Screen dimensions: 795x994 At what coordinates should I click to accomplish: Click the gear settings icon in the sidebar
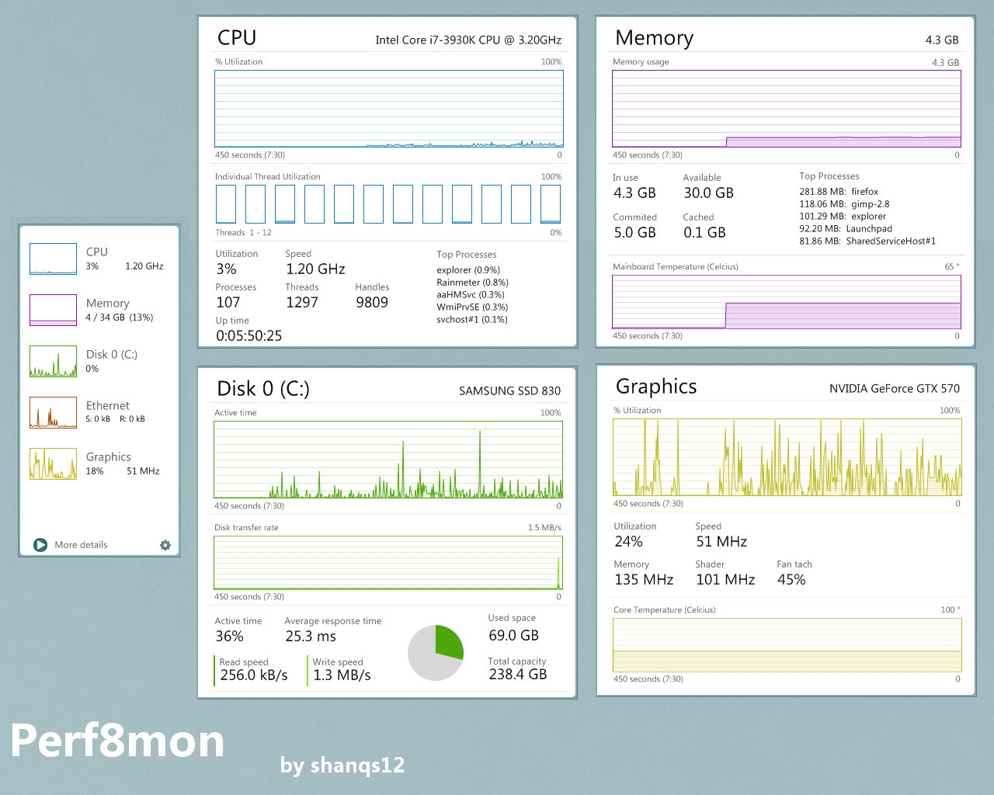pos(165,545)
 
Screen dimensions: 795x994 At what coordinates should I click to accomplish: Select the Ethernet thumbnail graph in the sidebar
pos(53,412)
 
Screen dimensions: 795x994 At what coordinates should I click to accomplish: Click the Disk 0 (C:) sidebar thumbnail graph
pos(53,361)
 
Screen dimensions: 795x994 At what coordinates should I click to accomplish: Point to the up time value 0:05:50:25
pos(248,336)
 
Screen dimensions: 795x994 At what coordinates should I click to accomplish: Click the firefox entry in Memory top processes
pos(864,192)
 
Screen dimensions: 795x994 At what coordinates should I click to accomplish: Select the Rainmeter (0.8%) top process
pos(472,283)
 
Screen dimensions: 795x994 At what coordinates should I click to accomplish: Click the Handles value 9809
pos(372,303)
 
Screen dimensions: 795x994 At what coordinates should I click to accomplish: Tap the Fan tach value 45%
pos(791,580)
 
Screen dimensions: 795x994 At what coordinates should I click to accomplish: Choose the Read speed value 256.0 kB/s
pos(254,675)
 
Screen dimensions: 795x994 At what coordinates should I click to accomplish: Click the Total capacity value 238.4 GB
pos(517,675)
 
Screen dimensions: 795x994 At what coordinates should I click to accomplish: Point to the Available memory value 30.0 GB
pos(708,193)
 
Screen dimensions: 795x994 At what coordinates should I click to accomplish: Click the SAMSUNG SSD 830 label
pos(509,391)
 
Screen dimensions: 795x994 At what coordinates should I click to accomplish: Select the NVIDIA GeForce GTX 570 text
pos(894,389)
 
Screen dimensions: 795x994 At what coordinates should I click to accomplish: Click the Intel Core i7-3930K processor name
pos(468,40)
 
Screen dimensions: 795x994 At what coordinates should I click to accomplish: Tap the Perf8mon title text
pos(117,741)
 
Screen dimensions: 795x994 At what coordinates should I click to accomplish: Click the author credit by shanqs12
pos(342,765)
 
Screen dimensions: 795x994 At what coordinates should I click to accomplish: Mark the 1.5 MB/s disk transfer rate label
pos(544,528)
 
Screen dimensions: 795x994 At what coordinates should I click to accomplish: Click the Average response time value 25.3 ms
pos(311,637)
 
